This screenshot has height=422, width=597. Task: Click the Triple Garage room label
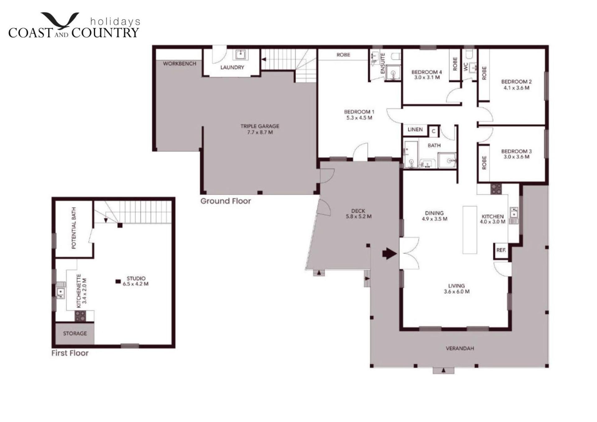(x=260, y=129)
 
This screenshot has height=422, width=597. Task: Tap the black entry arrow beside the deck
(x=390, y=253)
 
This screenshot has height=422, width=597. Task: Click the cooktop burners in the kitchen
(x=496, y=189)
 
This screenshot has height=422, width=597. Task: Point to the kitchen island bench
(x=470, y=230)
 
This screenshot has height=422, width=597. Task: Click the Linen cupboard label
(x=415, y=130)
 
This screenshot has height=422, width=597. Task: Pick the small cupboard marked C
(x=433, y=131)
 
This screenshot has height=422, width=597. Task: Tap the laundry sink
(x=240, y=55)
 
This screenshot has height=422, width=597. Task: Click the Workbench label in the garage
(x=180, y=64)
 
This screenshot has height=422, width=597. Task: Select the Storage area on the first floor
(x=75, y=333)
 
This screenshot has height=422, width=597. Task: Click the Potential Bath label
(x=74, y=228)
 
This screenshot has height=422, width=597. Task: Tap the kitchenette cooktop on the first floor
(x=80, y=316)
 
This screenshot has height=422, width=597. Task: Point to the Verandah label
(x=460, y=349)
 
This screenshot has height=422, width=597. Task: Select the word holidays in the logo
(x=115, y=21)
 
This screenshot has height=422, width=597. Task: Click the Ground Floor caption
(x=226, y=201)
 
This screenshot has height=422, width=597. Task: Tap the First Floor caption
(x=70, y=353)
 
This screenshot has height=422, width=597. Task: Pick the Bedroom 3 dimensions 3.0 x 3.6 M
(x=516, y=157)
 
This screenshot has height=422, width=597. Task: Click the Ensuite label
(x=383, y=63)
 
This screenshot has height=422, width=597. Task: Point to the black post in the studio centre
(x=118, y=281)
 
